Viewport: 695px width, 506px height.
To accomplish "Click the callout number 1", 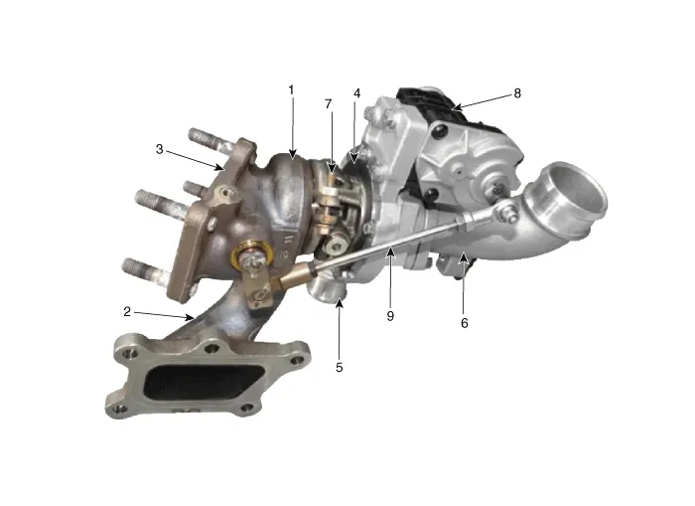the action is coord(291,90).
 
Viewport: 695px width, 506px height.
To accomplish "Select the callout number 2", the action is coord(127,311).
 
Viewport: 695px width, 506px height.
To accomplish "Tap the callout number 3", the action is coord(160,149).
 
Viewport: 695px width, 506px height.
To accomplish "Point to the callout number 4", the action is coord(356,93).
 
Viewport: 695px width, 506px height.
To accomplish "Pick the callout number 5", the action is coord(340,368).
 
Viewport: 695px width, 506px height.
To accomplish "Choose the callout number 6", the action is coord(464,323).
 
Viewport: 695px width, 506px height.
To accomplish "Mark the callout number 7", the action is coord(328,103).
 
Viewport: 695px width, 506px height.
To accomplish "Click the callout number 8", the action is coord(517,93).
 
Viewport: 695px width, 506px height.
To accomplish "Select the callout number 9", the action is coord(390,316).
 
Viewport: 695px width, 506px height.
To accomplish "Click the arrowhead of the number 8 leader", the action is coord(456,107).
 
